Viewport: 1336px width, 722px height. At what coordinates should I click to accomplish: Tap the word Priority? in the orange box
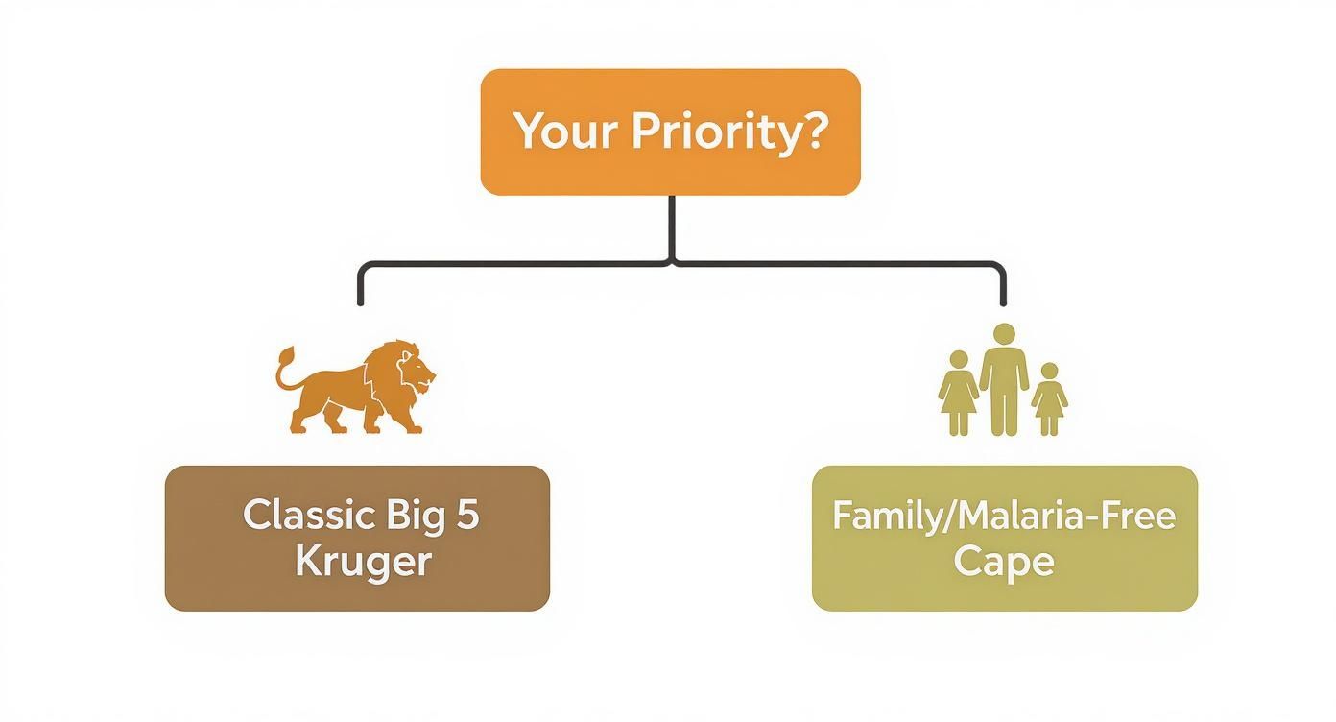(728, 132)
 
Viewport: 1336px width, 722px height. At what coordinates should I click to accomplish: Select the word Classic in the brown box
(307, 516)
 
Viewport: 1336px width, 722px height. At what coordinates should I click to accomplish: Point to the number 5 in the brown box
(467, 516)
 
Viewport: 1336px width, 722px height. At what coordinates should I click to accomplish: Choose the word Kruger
(363, 561)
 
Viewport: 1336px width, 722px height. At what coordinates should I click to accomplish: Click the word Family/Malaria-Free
(1004, 517)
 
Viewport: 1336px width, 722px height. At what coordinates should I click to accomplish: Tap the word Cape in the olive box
(1004, 561)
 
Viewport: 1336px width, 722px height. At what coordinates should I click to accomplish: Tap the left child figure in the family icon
(957, 394)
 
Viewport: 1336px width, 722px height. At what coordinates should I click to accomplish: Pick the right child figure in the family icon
(1049, 398)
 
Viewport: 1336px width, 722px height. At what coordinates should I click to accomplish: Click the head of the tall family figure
(1004, 334)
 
